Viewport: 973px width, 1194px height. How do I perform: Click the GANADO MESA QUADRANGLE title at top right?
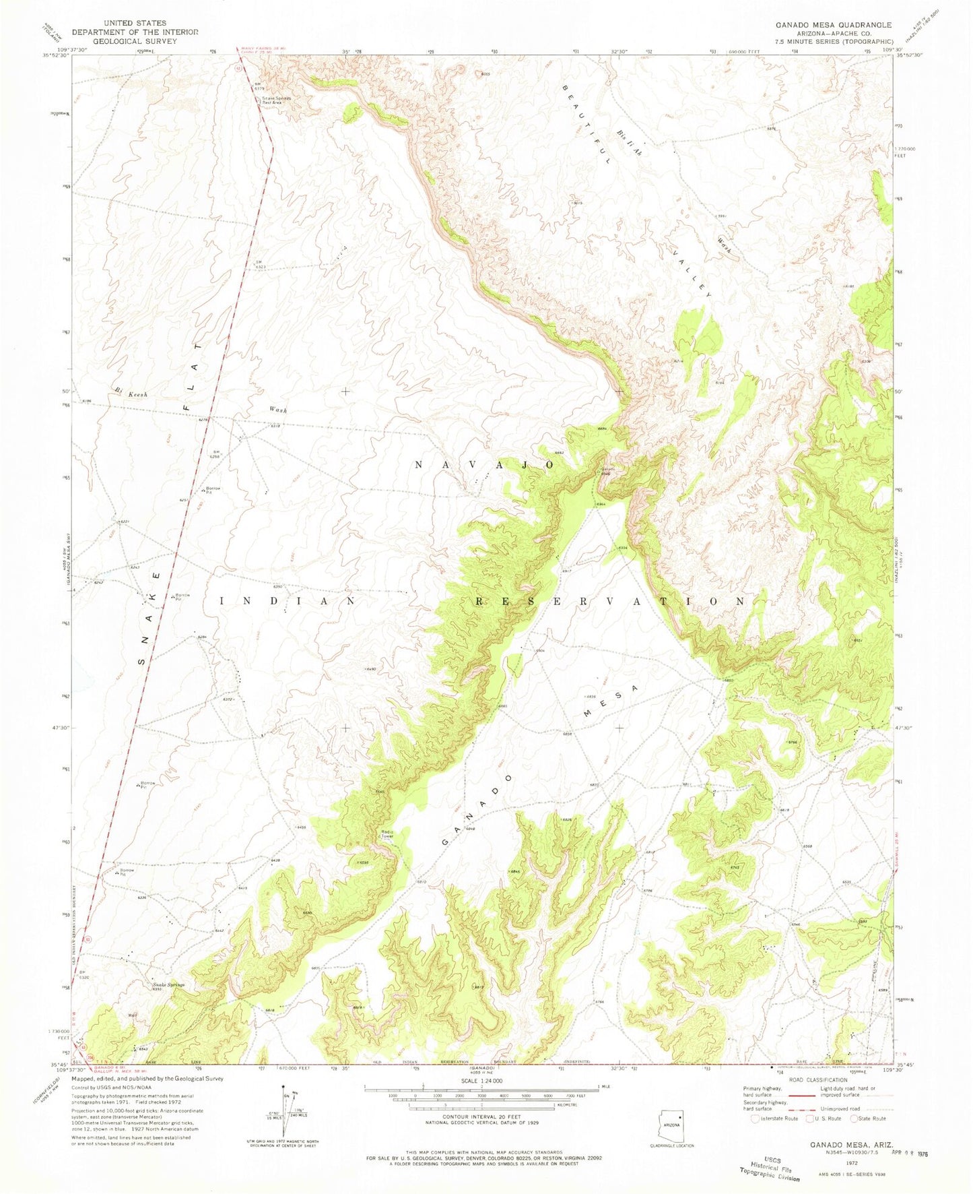pos(833,25)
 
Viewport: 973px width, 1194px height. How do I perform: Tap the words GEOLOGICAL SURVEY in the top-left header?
pos(135,41)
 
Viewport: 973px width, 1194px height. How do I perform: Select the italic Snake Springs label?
pos(166,984)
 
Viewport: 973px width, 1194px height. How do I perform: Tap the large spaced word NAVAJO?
pos(484,465)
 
